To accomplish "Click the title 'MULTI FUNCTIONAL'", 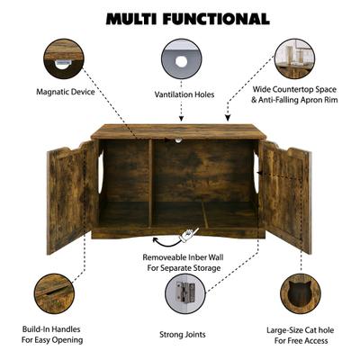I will (187, 18).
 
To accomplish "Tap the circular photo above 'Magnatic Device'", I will (63, 58).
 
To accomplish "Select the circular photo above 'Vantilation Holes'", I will (181, 60).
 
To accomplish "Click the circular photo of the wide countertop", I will (294, 58).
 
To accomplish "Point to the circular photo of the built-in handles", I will (54, 292).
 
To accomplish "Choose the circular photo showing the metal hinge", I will (184, 292).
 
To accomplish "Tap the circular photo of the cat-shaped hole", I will (300, 292).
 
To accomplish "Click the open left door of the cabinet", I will (69, 195).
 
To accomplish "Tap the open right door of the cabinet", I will (286, 195).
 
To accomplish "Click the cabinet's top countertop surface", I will (179, 130).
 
